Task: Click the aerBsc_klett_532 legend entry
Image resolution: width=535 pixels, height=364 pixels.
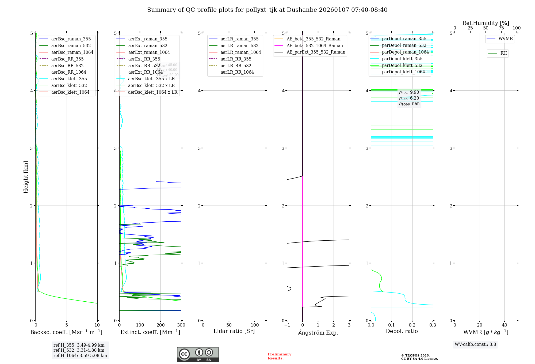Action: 69,86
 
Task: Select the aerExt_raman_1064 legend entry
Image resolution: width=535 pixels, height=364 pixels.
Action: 149,52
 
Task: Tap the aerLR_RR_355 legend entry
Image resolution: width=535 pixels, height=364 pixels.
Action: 236,59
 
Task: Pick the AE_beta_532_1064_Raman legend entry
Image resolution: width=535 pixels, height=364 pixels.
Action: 315,46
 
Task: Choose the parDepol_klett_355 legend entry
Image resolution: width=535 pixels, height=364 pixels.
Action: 402,59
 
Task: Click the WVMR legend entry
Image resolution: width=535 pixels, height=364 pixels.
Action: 506,39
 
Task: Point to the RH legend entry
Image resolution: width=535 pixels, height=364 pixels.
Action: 503,54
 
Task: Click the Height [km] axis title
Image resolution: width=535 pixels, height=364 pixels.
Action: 26,177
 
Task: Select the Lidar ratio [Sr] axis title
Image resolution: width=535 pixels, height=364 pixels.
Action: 234,331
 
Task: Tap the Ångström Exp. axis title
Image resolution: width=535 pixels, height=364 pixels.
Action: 318,333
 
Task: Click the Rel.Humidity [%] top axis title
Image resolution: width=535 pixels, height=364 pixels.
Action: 486,23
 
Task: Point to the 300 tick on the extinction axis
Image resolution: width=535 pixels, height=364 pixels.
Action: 181,325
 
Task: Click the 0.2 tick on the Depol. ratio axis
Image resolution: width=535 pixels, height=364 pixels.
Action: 412,325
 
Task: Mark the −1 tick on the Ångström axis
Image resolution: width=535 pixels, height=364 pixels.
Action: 287,325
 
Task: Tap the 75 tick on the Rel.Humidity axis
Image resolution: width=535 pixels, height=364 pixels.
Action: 501,28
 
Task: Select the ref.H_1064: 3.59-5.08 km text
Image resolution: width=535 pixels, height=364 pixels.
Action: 80,356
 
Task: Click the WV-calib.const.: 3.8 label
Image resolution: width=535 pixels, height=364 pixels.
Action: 475,344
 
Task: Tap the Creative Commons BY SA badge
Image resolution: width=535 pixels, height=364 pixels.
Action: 198,354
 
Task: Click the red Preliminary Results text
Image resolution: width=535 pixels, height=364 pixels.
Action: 279,356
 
